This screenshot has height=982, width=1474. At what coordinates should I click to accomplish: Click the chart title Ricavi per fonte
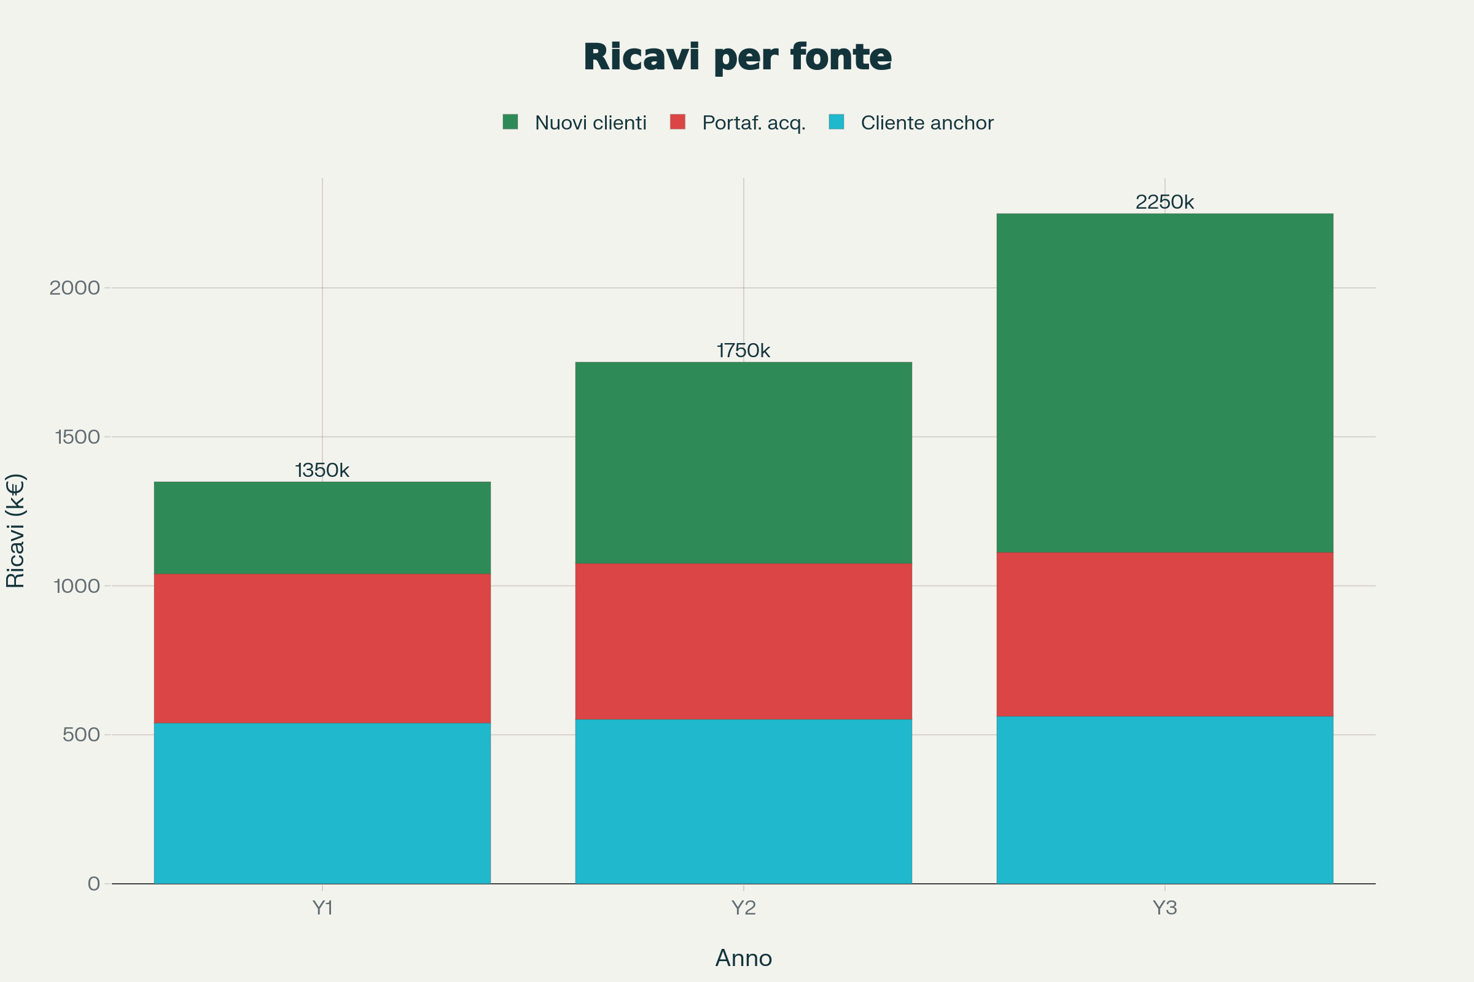coord(737,57)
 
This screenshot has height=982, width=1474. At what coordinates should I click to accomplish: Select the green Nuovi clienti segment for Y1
coord(322,527)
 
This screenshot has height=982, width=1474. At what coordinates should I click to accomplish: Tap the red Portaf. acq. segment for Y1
coord(322,648)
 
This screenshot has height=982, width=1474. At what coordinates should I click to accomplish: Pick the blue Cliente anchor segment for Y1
coord(322,803)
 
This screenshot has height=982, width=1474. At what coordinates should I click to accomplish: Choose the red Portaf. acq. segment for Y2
coord(743,641)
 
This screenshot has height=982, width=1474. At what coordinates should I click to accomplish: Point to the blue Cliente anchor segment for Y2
coord(743,801)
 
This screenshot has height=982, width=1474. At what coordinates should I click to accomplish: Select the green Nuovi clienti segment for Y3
coord(1164,382)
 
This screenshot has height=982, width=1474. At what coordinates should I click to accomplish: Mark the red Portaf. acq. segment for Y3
coord(1164,634)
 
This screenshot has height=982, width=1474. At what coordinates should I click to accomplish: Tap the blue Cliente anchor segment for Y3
coord(1164,800)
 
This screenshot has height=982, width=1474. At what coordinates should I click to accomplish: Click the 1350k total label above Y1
coord(322,470)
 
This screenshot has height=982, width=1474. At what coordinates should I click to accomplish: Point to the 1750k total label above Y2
coord(743,350)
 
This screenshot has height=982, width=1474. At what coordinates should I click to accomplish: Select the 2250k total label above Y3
coord(1164,202)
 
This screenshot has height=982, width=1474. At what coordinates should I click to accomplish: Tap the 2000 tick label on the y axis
coord(74,288)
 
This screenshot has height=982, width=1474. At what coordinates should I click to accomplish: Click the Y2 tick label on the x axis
coord(743,908)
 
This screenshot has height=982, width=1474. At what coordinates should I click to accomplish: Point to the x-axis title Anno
coord(743,958)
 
